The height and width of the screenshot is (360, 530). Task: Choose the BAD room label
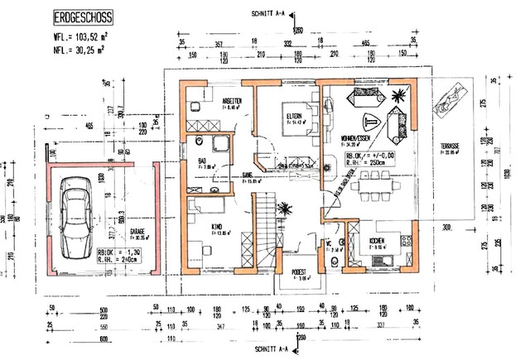tap(202, 161)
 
